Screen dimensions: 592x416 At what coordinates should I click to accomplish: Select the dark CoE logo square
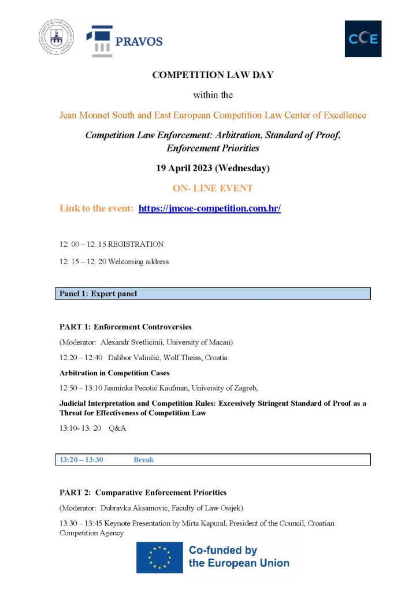click(x=363, y=39)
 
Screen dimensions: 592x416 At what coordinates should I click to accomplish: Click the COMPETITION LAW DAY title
click(x=212, y=75)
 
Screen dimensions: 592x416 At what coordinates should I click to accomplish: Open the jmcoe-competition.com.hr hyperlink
click(x=210, y=208)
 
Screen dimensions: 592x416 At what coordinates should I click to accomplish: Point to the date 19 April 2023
click(x=213, y=168)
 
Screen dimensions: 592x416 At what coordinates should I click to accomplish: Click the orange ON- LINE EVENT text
click(x=213, y=188)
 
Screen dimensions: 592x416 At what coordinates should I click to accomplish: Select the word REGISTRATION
click(x=136, y=244)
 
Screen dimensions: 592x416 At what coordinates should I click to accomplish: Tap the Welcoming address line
click(x=139, y=261)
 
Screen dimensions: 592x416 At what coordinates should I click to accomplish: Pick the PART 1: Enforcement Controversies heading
click(x=125, y=327)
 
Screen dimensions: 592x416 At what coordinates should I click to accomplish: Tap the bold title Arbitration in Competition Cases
click(x=114, y=373)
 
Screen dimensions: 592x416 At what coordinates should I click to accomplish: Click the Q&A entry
click(x=117, y=428)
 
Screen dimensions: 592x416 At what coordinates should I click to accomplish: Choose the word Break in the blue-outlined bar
click(x=144, y=460)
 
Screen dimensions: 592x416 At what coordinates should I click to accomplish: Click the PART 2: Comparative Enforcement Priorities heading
click(x=143, y=493)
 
